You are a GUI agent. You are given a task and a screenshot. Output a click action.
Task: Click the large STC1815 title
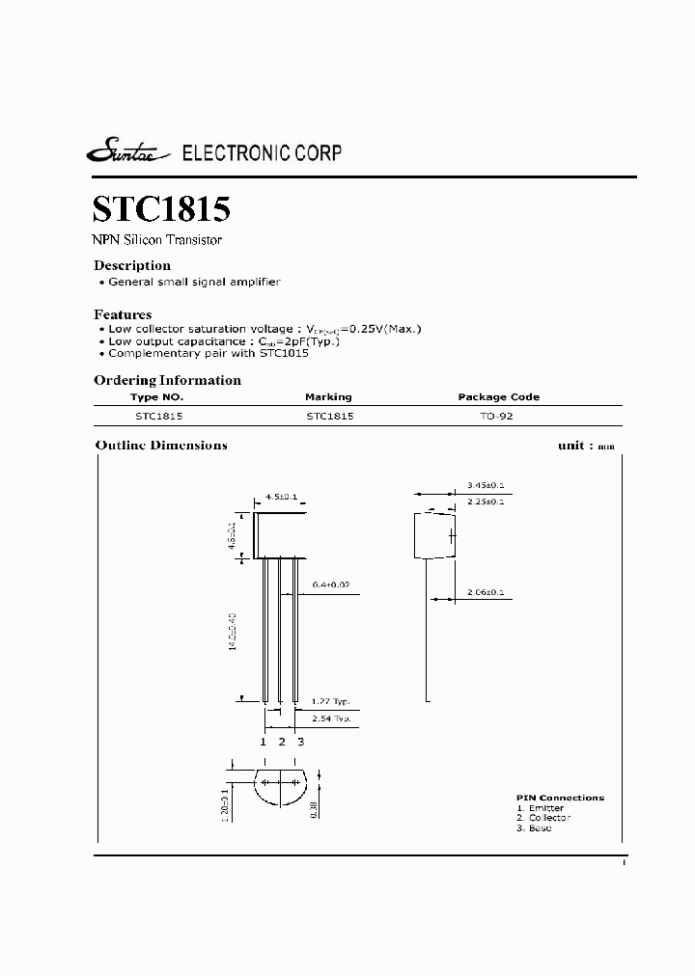[161, 210]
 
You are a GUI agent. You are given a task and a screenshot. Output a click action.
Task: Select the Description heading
[132, 265]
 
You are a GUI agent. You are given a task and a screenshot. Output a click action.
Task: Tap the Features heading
[123, 314]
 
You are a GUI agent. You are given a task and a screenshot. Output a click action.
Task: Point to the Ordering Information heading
[167, 380]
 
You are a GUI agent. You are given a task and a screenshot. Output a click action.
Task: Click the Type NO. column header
[156, 397]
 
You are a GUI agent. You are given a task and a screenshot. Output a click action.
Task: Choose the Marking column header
[328, 397]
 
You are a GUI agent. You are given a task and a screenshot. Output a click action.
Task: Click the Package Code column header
[498, 397]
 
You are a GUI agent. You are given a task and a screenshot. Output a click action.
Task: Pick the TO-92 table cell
[498, 417]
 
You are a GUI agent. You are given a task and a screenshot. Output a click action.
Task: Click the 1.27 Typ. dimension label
[330, 701]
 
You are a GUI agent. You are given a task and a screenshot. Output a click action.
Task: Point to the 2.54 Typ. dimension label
[330, 719]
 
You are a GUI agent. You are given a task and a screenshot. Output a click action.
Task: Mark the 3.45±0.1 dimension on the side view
[485, 486]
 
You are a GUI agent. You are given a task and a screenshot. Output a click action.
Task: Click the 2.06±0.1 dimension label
[485, 592]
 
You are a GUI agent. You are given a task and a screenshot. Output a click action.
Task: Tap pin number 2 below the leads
[282, 742]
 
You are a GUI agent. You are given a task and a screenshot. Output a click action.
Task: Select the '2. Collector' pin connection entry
[542, 818]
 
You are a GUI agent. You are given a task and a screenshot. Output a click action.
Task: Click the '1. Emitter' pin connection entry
[540, 808]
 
